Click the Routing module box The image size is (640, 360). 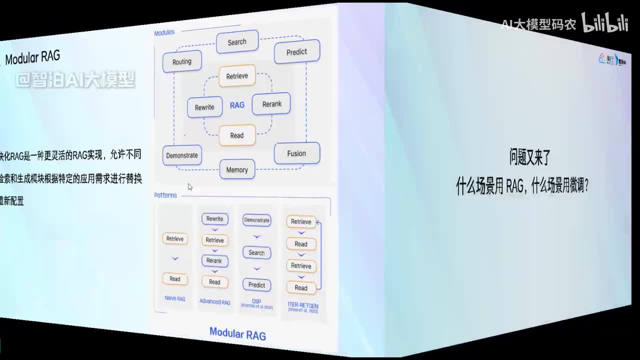click(x=182, y=61)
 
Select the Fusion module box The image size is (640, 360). click(x=296, y=153)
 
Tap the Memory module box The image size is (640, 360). click(x=237, y=169)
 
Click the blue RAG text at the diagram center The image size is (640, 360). click(x=237, y=105)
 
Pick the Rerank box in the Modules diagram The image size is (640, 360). click(x=271, y=104)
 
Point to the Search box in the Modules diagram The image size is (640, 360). click(x=237, y=42)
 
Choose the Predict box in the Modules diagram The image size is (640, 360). click(x=296, y=51)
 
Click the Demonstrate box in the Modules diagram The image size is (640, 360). click(x=182, y=155)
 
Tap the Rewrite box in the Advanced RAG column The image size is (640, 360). click(x=214, y=219)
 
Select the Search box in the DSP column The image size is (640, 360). click(x=256, y=253)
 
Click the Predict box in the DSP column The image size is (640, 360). click(x=256, y=285)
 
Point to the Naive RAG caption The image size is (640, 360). click(x=175, y=298)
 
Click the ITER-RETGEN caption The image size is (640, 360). click(x=303, y=305)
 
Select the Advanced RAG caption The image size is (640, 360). click(x=214, y=301)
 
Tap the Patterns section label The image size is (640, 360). click(x=165, y=195)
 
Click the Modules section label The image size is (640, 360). click(x=164, y=32)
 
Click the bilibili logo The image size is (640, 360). click(x=604, y=23)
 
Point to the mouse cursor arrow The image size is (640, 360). click(x=190, y=186)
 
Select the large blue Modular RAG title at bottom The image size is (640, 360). click(x=237, y=333)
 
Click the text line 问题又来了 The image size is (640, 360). click(x=529, y=158)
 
